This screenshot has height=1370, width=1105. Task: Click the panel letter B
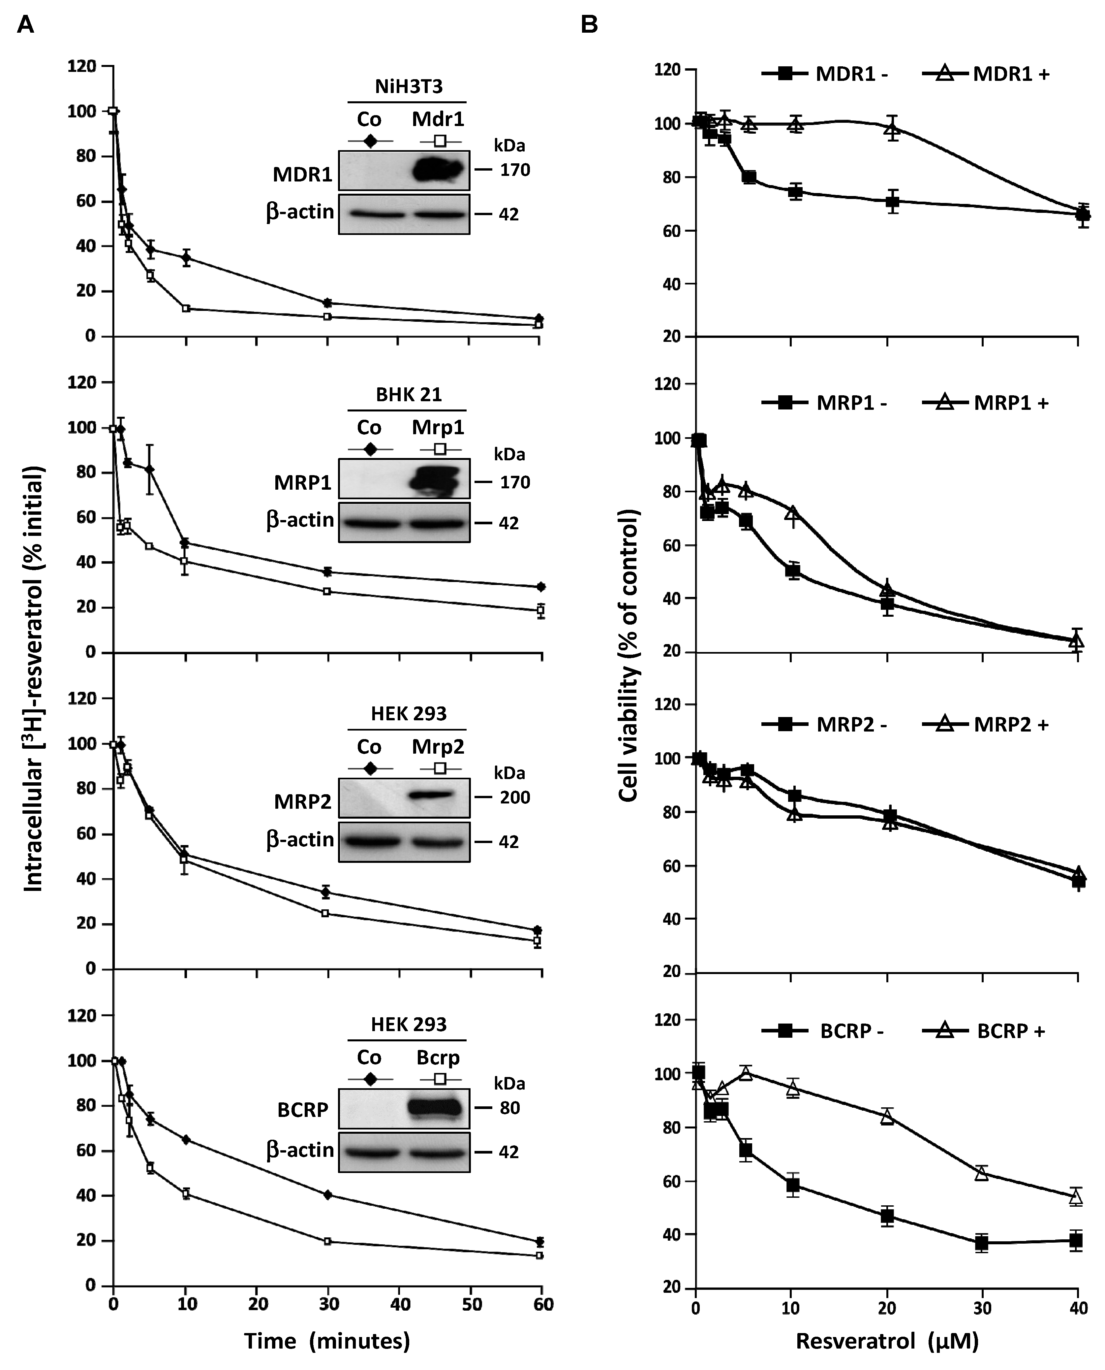point(589,25)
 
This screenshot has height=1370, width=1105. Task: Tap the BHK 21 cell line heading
point(408,395)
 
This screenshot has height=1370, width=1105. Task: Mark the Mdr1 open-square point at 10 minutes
point(186,308)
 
